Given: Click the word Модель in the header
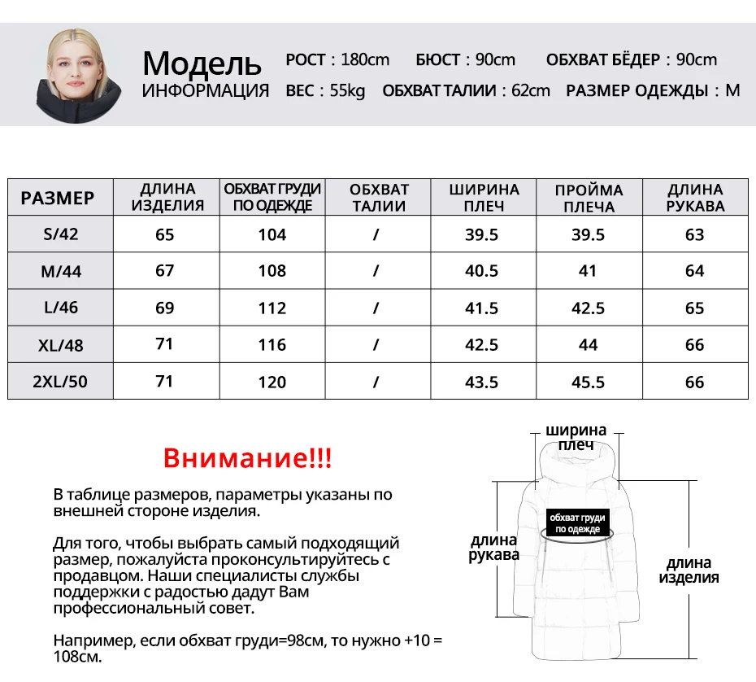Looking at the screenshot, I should point(202,63).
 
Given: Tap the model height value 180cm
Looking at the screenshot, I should point(365,59).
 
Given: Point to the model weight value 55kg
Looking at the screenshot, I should point(347,90).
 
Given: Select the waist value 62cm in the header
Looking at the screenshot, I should point(530,90).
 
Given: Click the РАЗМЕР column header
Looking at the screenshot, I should point(58,198).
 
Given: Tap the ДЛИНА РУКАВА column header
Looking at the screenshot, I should point(695,198).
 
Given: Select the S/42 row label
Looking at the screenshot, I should point(61,234).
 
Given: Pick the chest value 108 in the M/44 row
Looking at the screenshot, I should point(272,271).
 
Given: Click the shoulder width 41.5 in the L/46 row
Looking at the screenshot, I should point(481,308).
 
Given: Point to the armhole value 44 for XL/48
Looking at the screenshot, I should point(588,344).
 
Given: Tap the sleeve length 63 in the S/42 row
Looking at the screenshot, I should point(694,234).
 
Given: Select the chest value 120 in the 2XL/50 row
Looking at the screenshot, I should point(272,382).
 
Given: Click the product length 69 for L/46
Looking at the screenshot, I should point(165,308).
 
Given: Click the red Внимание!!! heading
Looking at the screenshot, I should point(248,457).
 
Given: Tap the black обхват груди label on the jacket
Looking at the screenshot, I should point(577,523).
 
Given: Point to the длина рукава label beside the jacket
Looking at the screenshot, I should point(493,547).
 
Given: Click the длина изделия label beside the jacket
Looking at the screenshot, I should point(689,570).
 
